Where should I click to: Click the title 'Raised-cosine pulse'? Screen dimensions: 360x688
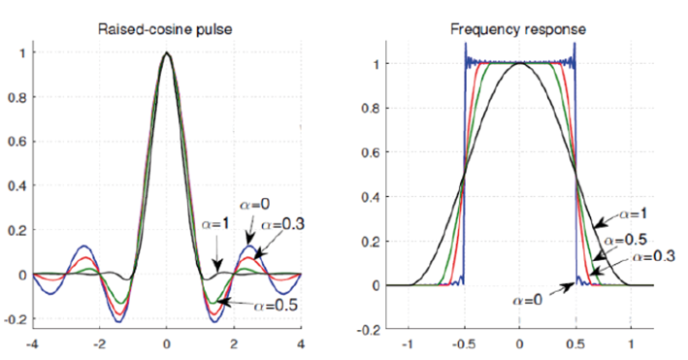[x=167, y=28]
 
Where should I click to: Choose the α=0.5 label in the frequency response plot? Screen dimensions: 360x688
[x=624, y=240]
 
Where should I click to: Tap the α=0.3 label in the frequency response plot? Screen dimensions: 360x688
[x=649, y=256]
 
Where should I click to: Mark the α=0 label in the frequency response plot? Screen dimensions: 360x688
[x=528, y=300]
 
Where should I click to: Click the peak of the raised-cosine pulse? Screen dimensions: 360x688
[x=167, y=53]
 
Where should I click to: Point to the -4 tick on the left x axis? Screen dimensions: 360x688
[x=33, y=344]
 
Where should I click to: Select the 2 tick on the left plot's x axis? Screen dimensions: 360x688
[x=234, y=344]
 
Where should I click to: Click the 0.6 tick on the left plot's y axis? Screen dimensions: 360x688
[x=16, y=142]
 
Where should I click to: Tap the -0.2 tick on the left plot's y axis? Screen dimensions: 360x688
[x=15, y=319]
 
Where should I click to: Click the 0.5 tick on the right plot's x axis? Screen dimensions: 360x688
[x=575, y=344]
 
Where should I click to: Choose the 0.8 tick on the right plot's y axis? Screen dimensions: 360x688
[x=370, y=108]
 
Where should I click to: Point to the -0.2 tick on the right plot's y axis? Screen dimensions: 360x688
[x=368, y=330]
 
